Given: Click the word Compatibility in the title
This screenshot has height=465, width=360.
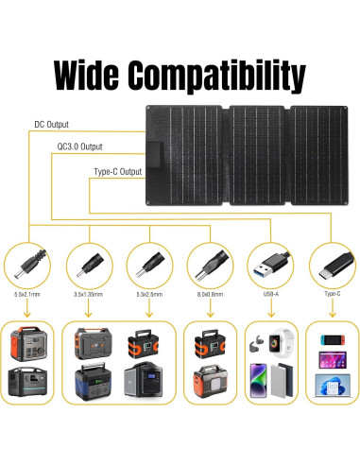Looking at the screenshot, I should click(223, 74).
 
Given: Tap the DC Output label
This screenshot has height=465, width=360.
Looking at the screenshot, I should click(51, 124).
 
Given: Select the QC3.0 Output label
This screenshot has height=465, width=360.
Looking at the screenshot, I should click(79, 147).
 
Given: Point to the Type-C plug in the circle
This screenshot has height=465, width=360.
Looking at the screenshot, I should click(331, 262).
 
